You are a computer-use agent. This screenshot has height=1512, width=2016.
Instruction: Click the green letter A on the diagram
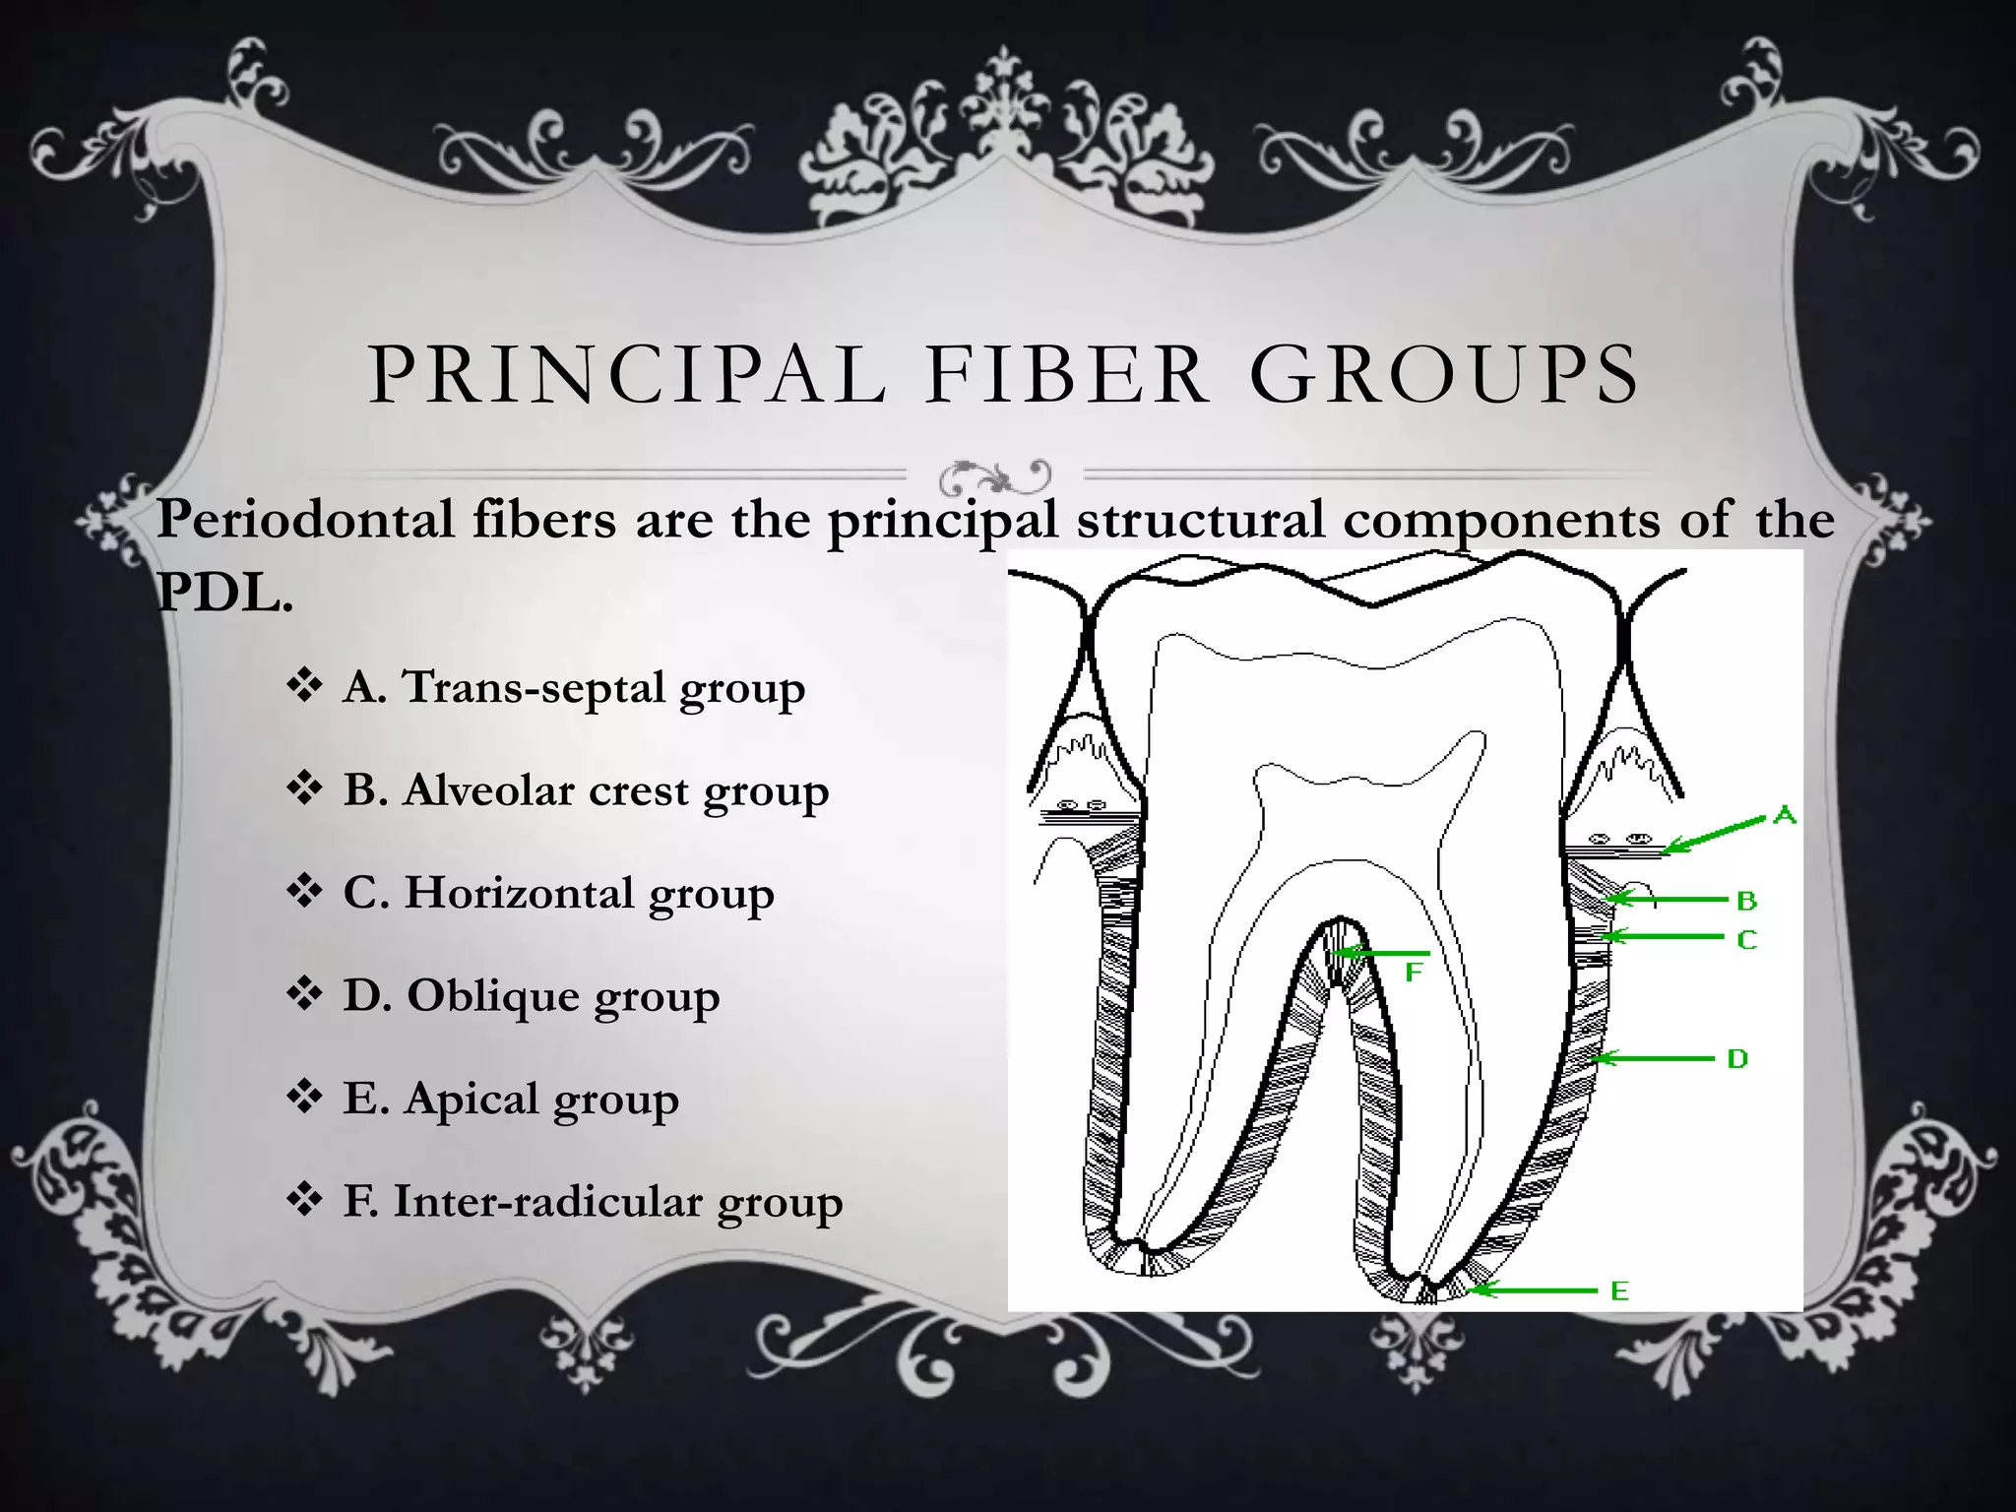(x=1785, y=816)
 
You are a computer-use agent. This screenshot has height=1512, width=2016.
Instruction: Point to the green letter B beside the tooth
(x=1747, y=901)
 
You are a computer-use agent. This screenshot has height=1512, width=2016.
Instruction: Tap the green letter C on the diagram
(x=1747, y=940)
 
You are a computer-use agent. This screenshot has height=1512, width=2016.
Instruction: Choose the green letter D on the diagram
(x=1737, y=1059)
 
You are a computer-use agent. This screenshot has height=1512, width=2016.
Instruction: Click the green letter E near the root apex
(x=1620, y=1291)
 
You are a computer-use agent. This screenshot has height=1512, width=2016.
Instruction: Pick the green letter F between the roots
(x=1414, y=974)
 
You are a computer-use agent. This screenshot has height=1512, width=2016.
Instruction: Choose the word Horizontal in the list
(x=519, y=893)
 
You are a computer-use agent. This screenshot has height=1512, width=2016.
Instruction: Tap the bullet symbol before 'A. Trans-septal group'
(x=305, y=686)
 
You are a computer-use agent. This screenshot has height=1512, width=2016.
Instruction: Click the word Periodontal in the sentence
(x=305, y=519)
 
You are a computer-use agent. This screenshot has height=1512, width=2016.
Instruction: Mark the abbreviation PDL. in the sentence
(x=224, y=593)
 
